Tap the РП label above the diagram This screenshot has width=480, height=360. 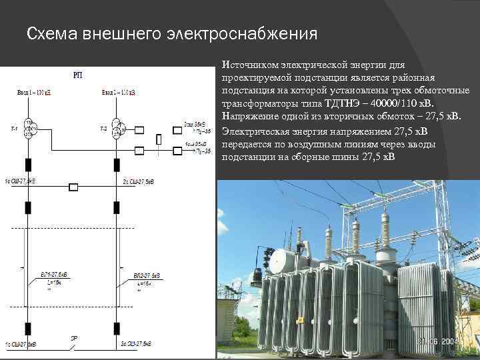point(77,75)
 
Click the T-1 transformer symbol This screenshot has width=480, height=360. point(28,128)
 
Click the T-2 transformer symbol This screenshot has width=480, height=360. point(117,128)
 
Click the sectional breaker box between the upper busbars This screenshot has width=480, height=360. point(74,187)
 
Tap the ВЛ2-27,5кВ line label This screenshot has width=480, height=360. point(145,275)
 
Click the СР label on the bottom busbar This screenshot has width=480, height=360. point(74,338)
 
